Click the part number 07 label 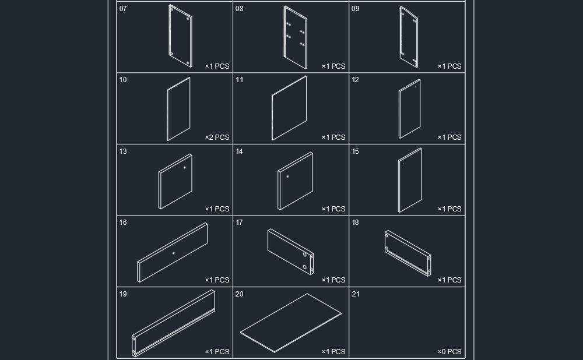tap(123, 9)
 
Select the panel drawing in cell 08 tap(295, 37)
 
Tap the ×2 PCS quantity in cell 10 tap(217, 137)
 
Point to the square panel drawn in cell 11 tap(289, 108)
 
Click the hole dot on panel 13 tap(184, 168)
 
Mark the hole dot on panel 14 tap(287, 177)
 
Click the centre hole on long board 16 tap(174, 253)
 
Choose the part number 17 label tap(239, 223)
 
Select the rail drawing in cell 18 tap(408, 253)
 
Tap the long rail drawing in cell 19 tap(174, 323)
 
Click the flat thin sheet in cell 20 tap(291, 323)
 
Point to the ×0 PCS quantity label tap(449, 351)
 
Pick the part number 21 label tap(356, 294)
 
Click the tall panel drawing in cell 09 tap(409, 37)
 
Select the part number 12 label tap(356, 79)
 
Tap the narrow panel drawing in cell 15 tap(410, 180)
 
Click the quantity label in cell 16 tap(217, 280)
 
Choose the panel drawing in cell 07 tap(180, 36)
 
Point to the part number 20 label tap(240, 294)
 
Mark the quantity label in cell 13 tap(217, 209)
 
